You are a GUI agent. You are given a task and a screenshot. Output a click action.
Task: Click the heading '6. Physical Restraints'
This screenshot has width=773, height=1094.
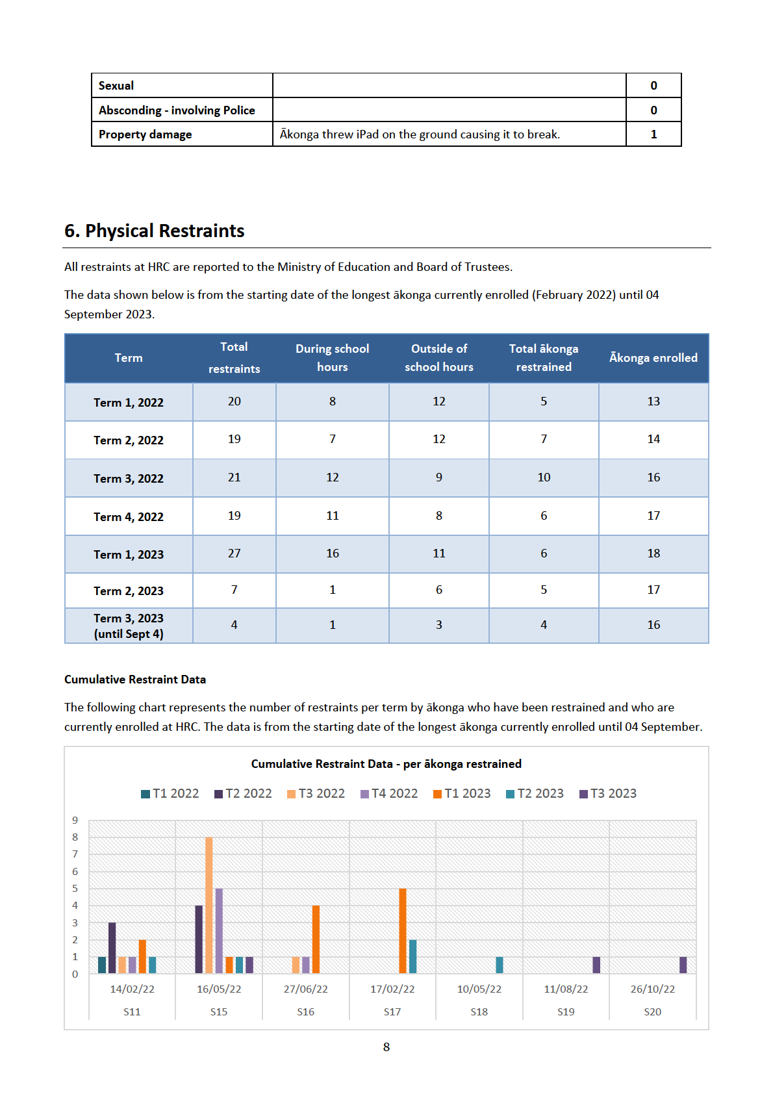[155, 231]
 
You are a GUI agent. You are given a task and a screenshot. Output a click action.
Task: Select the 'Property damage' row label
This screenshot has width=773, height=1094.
[145, 134]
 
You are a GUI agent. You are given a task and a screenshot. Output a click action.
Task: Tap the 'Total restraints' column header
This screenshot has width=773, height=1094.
[234, 357]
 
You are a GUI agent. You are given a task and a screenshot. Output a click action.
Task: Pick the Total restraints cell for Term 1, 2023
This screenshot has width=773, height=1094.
[234, 553]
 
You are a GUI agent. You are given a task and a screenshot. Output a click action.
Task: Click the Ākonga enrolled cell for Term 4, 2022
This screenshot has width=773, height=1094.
[653, 516]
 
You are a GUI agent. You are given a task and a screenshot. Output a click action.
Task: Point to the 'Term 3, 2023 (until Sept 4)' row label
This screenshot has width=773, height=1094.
[129, 626]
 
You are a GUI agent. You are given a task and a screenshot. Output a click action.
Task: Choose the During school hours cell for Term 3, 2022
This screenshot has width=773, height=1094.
[332, 477]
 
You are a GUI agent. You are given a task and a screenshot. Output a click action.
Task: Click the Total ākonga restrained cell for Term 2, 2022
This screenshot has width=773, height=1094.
[544, 439]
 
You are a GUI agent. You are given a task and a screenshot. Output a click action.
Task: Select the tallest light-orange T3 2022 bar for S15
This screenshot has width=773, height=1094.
[209, 905]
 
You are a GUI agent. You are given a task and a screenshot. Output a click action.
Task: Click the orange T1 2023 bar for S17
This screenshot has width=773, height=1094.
[402, 931]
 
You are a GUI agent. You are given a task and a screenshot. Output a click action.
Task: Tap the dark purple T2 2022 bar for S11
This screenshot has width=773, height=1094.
[112, 948]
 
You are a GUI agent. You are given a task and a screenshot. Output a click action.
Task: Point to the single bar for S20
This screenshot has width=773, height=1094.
[683, 965]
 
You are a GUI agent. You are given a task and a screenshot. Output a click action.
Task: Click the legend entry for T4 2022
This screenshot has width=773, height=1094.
[389, 794]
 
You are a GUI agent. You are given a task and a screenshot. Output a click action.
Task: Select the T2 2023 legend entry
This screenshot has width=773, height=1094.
[535, 794]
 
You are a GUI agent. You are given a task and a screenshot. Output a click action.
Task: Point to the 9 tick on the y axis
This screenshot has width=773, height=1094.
[75, 821]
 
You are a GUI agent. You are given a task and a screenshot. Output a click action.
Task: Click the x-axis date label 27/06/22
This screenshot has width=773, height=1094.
[306, 989]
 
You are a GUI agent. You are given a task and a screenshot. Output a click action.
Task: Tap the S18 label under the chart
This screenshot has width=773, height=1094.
[479, 1012]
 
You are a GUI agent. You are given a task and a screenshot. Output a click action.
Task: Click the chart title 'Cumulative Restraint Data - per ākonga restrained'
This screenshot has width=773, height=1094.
[386, 764]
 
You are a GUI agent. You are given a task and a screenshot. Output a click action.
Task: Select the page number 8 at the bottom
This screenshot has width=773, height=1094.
[386, 1047]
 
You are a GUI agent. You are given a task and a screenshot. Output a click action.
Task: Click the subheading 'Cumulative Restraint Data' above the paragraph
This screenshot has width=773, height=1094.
[134, 680]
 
